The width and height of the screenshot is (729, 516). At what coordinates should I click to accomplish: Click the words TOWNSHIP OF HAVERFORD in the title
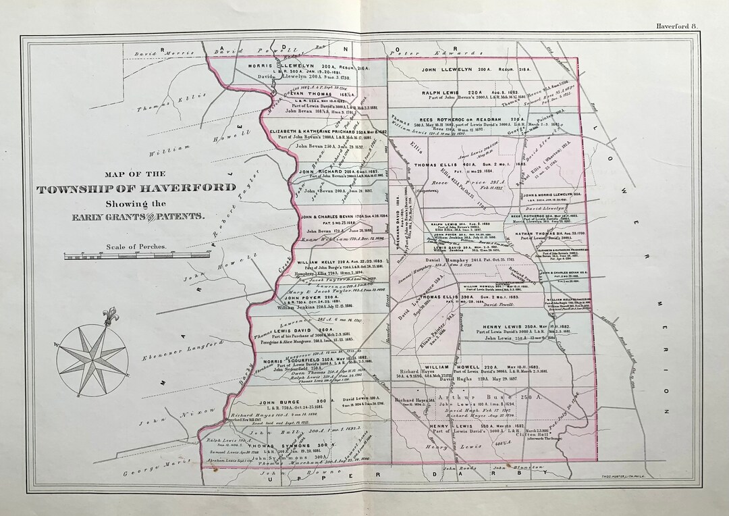pyautogui.click(x=137, y=188)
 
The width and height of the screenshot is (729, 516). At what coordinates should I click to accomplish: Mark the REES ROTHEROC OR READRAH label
pyautogui.click(x=477, y=120)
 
